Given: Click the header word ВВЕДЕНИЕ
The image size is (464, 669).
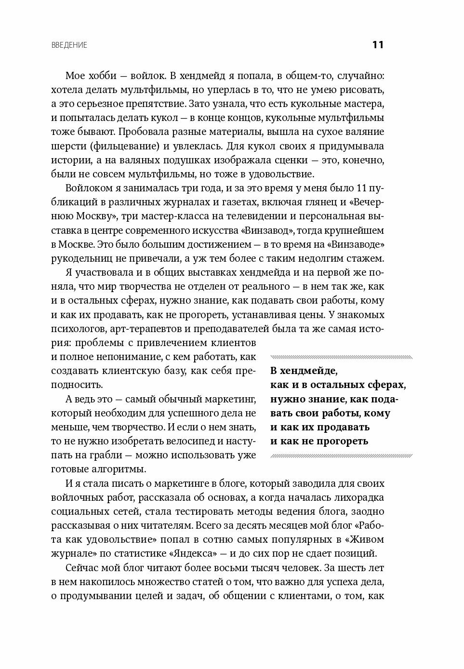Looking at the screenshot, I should tap(69, 45).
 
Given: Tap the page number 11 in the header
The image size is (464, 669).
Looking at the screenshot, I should tap(377, 45).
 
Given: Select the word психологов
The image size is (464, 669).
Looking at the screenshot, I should tap(78, 329).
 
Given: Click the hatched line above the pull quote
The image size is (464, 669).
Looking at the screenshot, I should tap(341, 357).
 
